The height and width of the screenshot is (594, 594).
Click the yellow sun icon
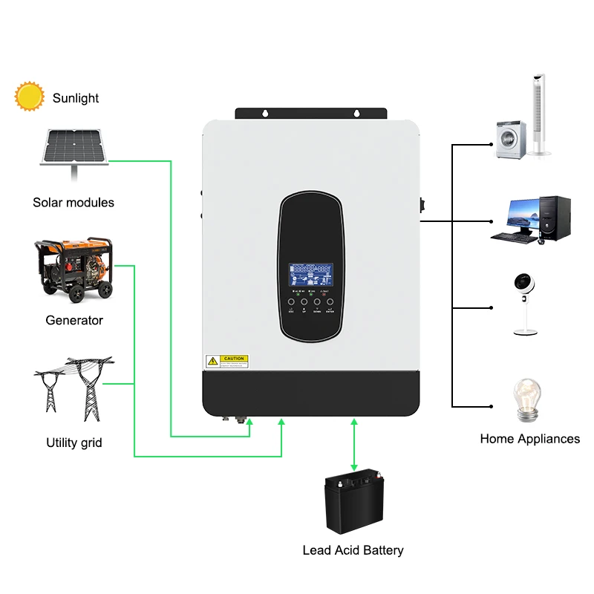[x=30, y=97]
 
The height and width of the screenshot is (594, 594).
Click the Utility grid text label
[x=74, y=443]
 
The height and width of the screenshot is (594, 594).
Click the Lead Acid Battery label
[x=353, y=550]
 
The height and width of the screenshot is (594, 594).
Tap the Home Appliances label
[x=529, y=439]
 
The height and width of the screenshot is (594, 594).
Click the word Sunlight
[x=75, y=98]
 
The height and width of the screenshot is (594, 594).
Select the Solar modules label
[x=74, y=202]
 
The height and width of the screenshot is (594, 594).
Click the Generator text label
[x=74, y=321]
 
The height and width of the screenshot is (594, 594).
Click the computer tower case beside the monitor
[x=554, y=219]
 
